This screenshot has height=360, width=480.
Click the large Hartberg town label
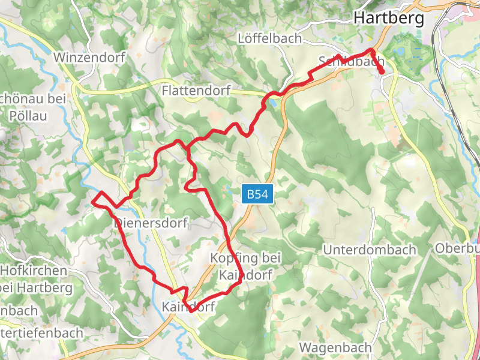point(389,18)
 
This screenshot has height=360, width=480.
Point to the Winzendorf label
point(89,58)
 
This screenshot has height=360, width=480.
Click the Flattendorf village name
point(197,91)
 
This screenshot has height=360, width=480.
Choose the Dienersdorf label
point(151,223)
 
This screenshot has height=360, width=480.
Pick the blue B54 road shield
point(259,194)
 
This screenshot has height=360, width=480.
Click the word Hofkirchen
point(34,271)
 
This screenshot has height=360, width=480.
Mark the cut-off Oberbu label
point(457,248)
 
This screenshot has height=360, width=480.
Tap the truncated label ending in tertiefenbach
point(34,333)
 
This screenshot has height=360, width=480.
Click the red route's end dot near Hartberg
point(382,72)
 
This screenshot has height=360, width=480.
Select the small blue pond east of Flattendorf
point(273,103)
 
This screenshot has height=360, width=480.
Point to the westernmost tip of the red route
point(92,202)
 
